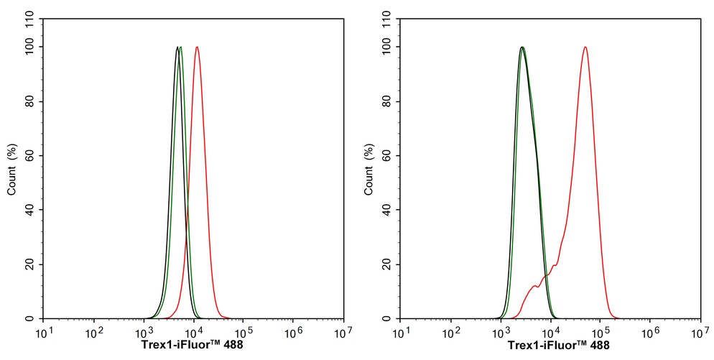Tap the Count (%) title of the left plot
pos(12,170)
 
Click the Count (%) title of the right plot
pos(369,170)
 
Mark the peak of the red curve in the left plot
pos(197,47)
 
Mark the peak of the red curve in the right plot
pos(585,47)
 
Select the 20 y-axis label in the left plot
pos(32,264)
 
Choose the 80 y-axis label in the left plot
pos(32,101)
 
